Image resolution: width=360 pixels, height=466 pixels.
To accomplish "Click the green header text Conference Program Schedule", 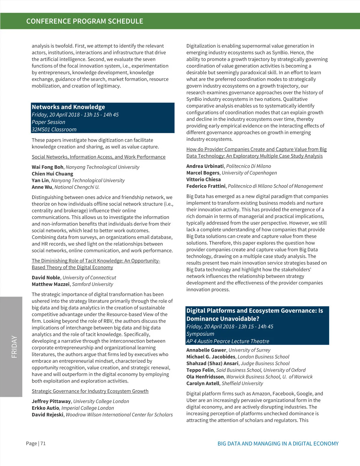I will pyautogui.click(x=85, y=21).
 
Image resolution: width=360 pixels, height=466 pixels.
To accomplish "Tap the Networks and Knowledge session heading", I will pyautogui.click(x=68, y=107).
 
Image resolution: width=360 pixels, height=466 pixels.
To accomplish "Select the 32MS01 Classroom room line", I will pyautogui.click(x=54, y=130).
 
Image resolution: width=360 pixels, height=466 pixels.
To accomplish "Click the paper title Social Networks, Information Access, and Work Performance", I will pyautogui.click(x=98, y=157).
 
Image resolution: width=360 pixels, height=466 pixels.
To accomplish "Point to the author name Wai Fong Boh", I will pyautogui.click(x=47, y=167).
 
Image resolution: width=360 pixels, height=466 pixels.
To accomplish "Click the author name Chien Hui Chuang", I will pyautogui.click(x=52, y=174).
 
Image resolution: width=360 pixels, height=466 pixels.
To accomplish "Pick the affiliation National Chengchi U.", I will pyautogui.click(x=77, y=187).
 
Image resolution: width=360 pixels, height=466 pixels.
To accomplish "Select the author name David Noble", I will pyautogui.click(x=46, y=278).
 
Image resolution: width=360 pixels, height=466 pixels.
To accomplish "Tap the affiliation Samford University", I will pyautogui.click(x=92, y=284).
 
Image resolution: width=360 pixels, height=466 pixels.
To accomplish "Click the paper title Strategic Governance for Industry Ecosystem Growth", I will pyautogui.click(x=90, y=391).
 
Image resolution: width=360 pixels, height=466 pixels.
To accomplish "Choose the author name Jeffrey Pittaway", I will pyautogui.click(x=51, y=401).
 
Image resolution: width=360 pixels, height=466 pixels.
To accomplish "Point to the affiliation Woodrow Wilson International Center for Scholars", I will pyautogui.click(x=119, y=415).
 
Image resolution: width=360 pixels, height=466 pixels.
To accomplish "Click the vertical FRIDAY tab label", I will pyautogui.click(x=14, y=347).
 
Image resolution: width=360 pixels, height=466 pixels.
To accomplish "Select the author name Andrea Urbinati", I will pyautogui.click(x=205, y=166).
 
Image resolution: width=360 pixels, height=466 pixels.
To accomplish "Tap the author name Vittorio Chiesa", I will pyautogui.click(x=203, y=179).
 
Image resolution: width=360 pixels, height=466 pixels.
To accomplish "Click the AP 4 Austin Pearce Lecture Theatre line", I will pyautogui.click(x=228, y=341).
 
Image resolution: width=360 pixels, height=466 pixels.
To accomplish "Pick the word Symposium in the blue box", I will pyautogui.click(x=200, y=334).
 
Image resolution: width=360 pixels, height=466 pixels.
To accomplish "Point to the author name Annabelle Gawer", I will pyautogui.click(x=206, y=350).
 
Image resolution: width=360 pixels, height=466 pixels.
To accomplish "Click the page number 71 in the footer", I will pyautogui.click(x=43, y=443).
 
